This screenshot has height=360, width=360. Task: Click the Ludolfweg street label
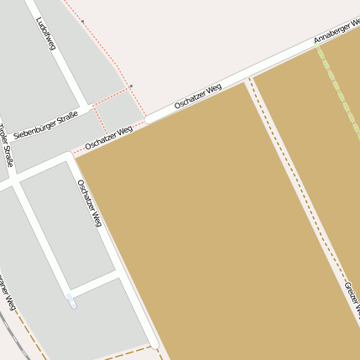click(x=45, y=34)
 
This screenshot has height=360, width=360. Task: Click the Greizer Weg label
click(x=352, y=299)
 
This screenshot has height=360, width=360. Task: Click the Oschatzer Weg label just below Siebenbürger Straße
click(x=109, y=138)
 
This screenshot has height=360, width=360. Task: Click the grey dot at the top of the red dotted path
click(x=82, y=21)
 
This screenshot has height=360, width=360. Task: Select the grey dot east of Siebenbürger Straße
click(x=131, y=86)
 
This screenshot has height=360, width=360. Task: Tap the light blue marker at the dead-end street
click(x=71, y=300)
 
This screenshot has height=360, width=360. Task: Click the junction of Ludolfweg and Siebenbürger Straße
click(x=86, y=108)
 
